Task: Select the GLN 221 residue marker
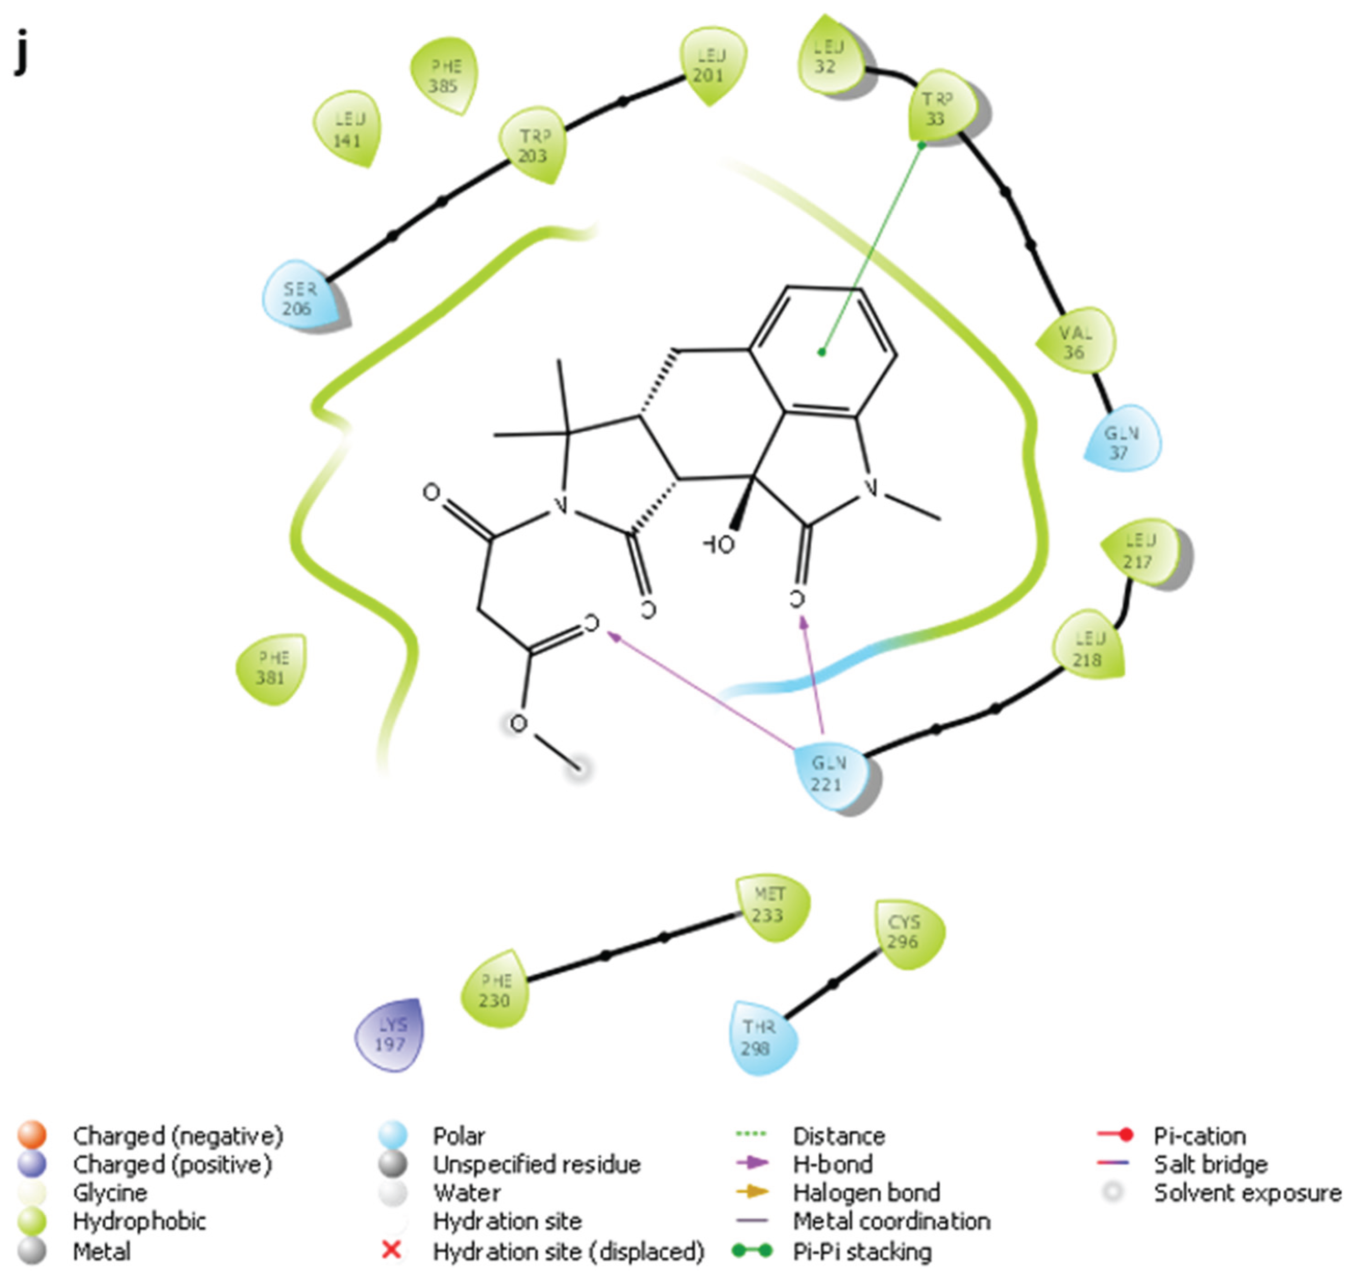[829, 774]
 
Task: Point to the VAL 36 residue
[1075, 342]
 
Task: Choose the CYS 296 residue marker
[905, 932]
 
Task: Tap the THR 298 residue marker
[759, 1037]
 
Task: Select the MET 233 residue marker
[770, 905]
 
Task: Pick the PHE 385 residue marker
[444, 76]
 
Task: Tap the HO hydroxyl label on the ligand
[718, 544]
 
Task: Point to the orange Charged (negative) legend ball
[32, 1135]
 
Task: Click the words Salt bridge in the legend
[1210, 1164]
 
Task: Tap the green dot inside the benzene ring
[822, 352]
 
